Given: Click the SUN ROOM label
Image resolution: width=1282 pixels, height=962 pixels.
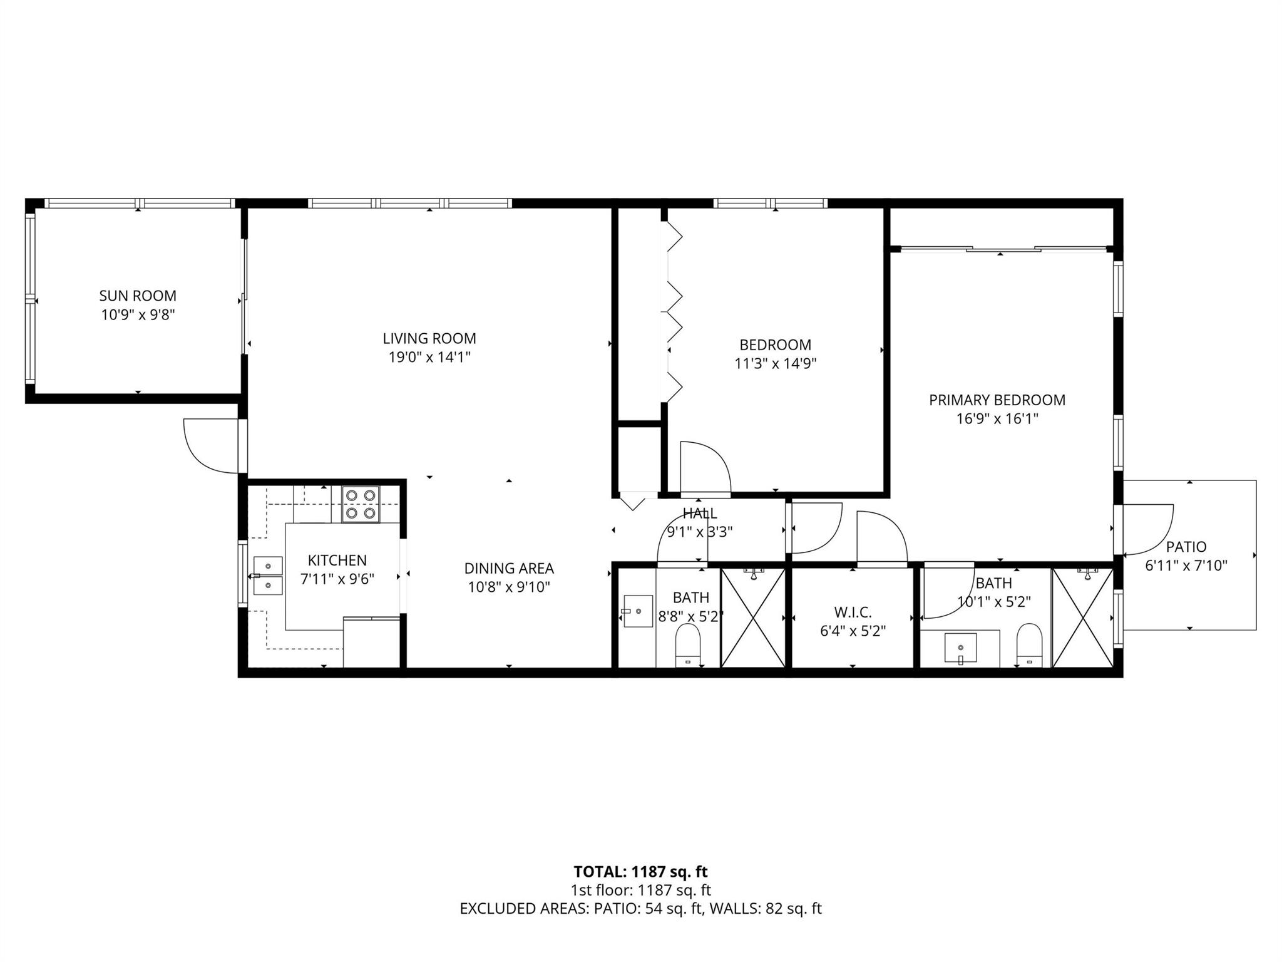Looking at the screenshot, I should pos(138,296).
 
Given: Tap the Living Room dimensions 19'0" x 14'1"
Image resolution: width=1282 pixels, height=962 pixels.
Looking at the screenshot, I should pos(429,358).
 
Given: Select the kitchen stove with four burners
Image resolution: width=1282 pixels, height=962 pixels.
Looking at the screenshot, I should pos(361,504).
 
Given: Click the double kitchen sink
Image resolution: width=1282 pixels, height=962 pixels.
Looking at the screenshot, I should pos(268,576).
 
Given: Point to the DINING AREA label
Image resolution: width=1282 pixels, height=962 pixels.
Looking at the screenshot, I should pos(508,568).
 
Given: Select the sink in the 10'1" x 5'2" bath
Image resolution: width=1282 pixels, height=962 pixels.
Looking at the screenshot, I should pos(960,648).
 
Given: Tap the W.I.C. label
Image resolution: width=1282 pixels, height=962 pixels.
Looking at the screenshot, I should pos(852,612).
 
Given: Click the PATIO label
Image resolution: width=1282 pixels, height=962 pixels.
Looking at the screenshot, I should pos(1186,547).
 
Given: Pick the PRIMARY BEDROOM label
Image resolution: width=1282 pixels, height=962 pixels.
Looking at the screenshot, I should pos(997,400).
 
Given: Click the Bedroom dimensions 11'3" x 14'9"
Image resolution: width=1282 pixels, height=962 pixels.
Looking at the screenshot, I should pos(775,364).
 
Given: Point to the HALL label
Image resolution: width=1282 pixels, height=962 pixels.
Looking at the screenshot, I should pos(699,514).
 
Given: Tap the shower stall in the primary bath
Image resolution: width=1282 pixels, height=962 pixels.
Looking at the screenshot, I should pos(1082,617).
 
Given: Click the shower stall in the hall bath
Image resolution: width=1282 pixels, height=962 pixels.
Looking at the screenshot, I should pos(753,617).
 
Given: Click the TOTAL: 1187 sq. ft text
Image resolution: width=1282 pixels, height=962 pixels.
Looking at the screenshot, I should pos(640,871).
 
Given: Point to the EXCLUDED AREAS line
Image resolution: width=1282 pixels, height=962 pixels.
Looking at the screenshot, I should pos(640,908).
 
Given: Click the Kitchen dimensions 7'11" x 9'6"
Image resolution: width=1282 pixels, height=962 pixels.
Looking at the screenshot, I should pos(337,579).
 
